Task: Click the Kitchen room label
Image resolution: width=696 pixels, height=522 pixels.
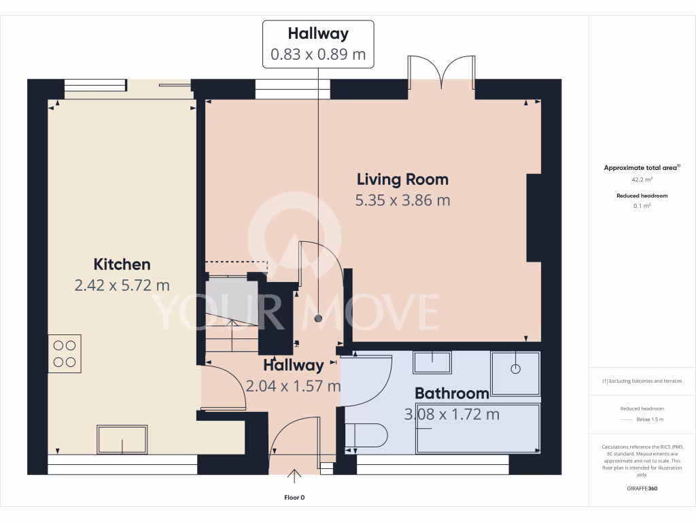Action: (122, 264)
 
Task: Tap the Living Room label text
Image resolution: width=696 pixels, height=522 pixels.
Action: (402, 179)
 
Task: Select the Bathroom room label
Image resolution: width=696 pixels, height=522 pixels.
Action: (451, 393)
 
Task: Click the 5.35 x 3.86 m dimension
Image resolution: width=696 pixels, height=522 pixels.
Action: (402, 201)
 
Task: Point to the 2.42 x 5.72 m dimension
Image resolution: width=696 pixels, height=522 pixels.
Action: (122, 285)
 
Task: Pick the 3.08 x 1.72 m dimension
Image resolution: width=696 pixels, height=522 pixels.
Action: (452, 414)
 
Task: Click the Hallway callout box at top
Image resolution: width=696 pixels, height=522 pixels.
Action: (318, 43)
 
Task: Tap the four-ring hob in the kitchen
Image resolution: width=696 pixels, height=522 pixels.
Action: (65, 353)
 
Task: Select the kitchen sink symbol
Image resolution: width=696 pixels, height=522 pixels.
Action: (122, 439)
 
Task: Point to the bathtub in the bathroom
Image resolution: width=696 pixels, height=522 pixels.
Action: (478, 428)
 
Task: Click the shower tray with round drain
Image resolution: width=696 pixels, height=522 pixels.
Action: (515, 372)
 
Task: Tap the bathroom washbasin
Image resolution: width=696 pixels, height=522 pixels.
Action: (432, 362)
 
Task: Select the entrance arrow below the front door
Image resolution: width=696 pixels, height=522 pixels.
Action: (295, 475)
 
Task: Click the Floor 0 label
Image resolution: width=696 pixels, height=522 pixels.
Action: (294, 498)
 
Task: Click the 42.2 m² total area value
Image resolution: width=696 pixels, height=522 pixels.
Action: (642, 180)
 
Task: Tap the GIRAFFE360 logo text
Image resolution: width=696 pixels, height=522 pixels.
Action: (642, 489)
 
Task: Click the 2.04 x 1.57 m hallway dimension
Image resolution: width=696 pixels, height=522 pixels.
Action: (293, 386)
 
